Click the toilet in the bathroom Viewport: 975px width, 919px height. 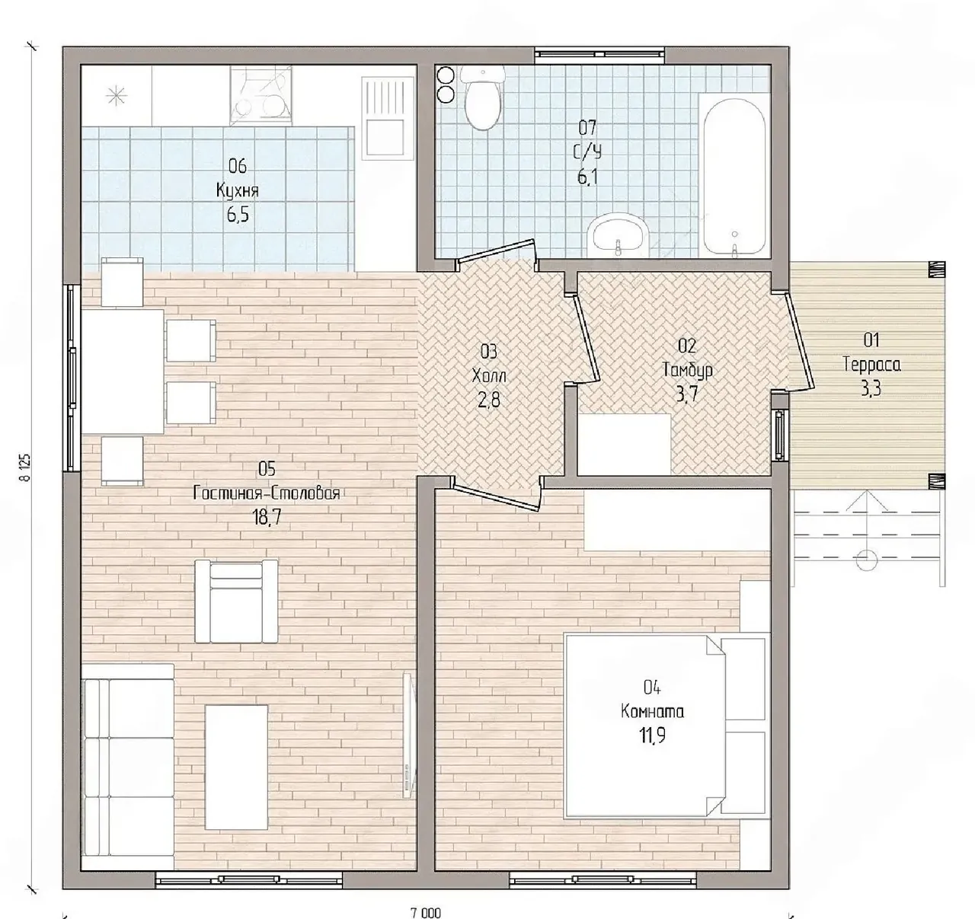[x=483, y=98]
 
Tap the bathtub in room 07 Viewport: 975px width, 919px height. [x=734, y=176]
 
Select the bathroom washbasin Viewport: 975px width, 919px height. [x=619, y=235]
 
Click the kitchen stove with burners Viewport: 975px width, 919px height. [x=261, y=96]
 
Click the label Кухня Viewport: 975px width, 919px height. [x=237, y=191]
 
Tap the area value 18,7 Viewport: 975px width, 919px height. [x=267, y=518]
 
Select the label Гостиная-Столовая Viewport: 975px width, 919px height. [x=267, y=493]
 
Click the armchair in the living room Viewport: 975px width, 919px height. [x=236, y=601]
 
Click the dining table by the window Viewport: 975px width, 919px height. [x=123, y=372]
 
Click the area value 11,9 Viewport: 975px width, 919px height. [x=653, y=736]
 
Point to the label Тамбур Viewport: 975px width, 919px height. [x=687, y=370]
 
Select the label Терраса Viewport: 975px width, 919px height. [x=871, y=365]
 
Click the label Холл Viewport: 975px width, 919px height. [x=489, y=376]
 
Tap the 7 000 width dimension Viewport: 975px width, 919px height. [x=426, y=913]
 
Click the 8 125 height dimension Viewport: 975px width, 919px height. [x=26, y=467]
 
